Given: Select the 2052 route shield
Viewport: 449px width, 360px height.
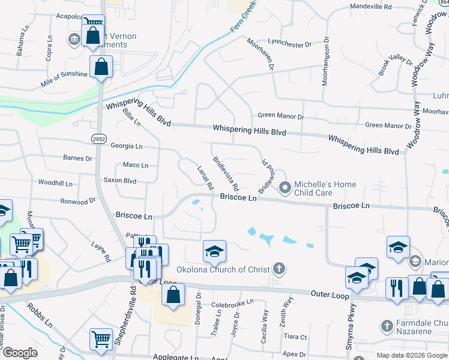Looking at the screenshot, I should [x=99, y=139].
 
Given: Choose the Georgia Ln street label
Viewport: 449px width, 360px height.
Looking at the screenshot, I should [x=126, y=146].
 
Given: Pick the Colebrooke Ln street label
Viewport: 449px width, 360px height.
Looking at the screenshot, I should [x=234, y=304].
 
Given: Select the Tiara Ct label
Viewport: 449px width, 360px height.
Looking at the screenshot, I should [x=295, y=337].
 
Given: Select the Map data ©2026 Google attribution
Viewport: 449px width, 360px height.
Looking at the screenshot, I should [x=412, y=355].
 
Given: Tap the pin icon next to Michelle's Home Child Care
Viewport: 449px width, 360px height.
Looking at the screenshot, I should [x=285, y=188].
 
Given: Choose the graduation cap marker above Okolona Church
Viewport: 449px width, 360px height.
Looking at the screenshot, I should [x=214, y=252].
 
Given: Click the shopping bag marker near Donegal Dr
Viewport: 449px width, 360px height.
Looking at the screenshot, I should [x=173, y=295].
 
